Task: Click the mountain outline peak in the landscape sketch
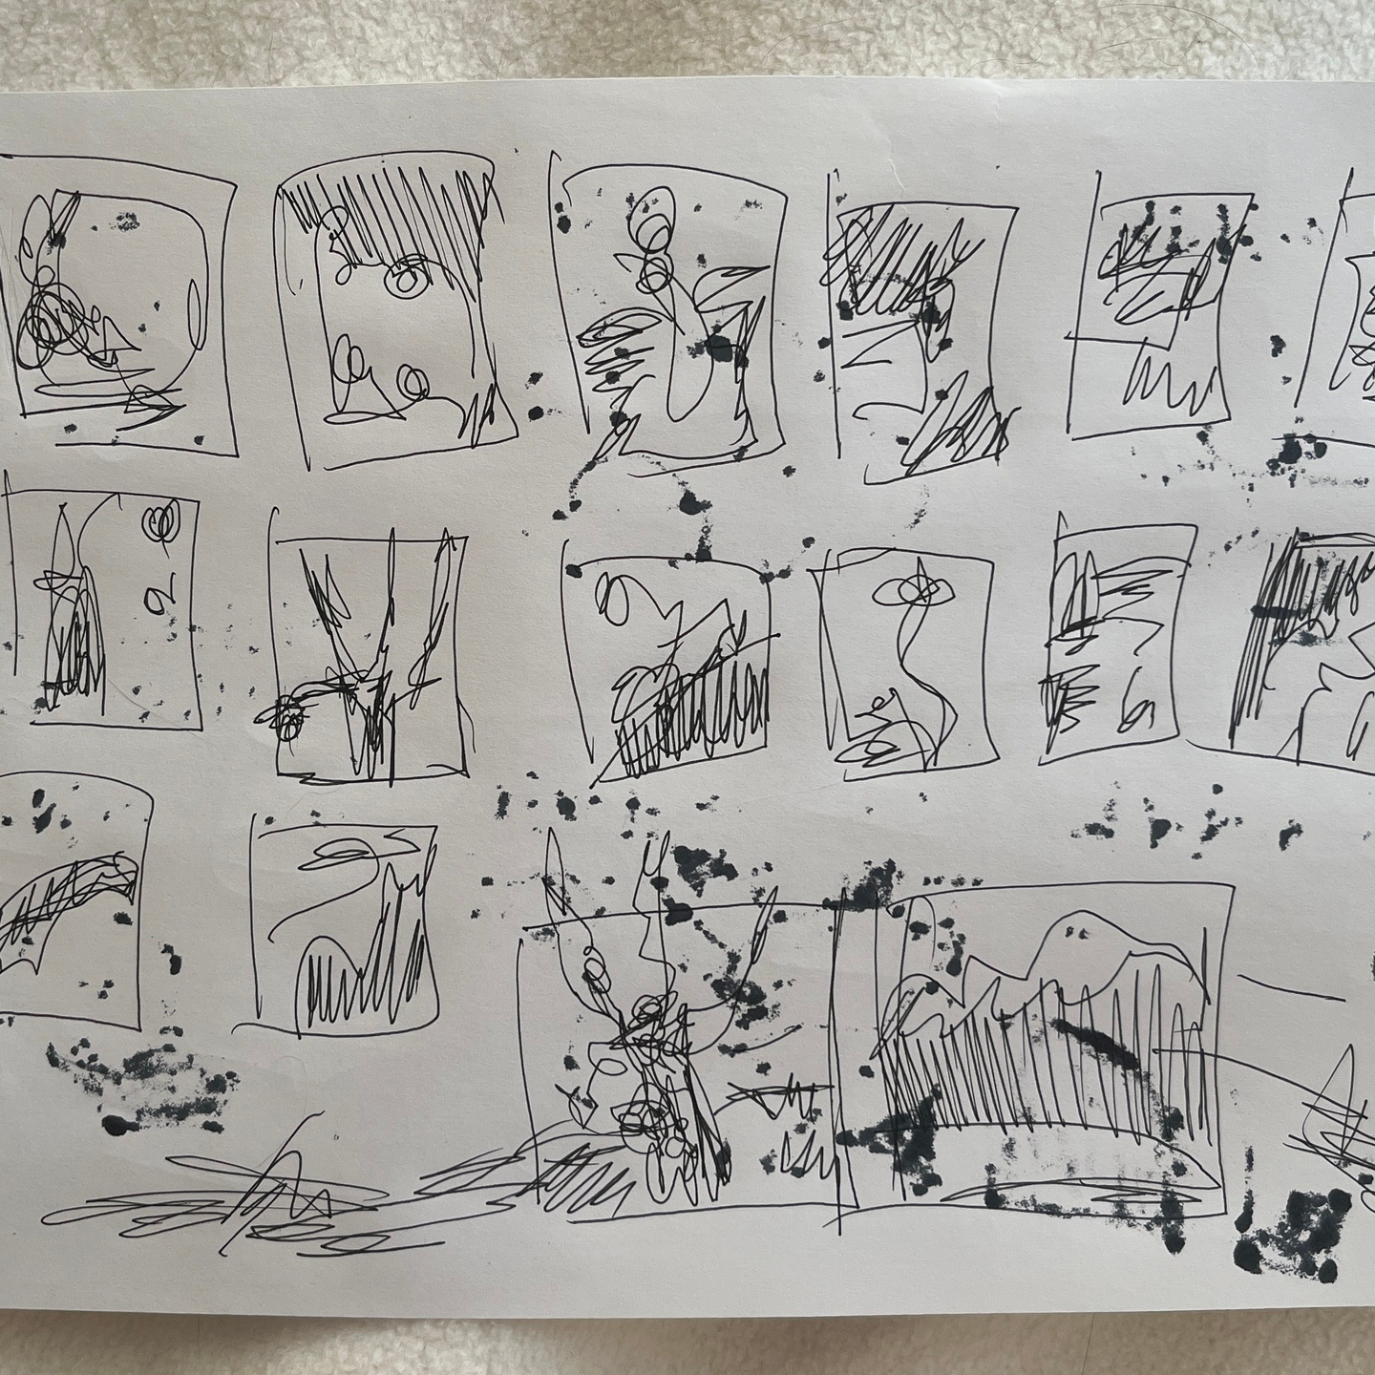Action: (x=1079, y=926)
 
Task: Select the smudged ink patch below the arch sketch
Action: (x=143, y=1069)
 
